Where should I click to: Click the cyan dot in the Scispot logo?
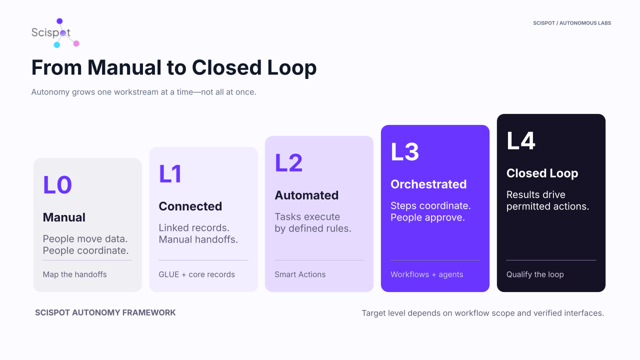57,45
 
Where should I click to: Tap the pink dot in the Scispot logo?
76,43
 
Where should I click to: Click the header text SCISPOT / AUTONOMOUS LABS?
572,23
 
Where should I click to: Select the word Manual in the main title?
124,67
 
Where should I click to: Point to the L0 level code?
57,185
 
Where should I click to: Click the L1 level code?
170,173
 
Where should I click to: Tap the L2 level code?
288,163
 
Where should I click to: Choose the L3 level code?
405,151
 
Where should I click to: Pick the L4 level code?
521,140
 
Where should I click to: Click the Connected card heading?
190,206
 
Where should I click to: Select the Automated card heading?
306,195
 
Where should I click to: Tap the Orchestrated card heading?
428,184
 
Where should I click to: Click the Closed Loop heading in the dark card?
542,173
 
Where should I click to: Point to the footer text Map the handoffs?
75,274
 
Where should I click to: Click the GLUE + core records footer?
197,274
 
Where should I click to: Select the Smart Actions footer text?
300,274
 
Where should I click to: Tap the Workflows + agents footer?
427,274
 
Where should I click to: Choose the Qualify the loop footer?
535,274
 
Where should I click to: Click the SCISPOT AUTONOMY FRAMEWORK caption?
105,313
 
